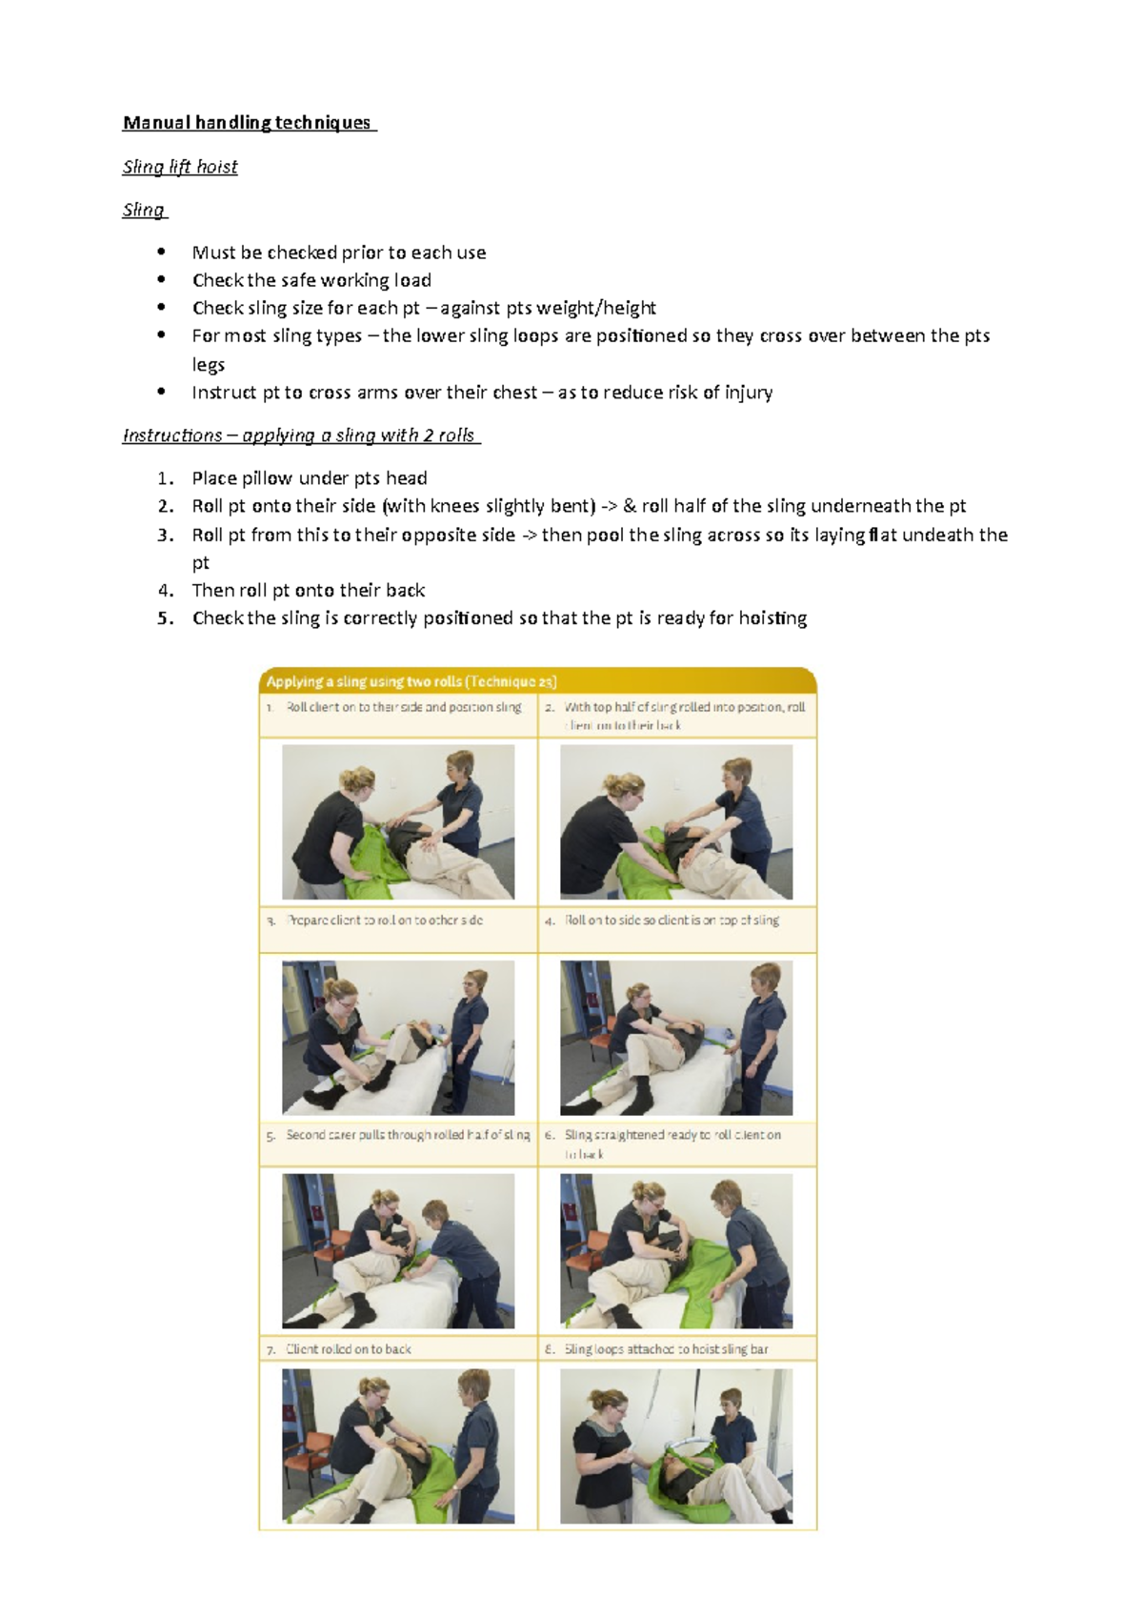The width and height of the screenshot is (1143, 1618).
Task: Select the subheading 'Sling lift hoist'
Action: point(180,167)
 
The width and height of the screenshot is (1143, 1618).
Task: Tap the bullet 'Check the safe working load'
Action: point(311,280)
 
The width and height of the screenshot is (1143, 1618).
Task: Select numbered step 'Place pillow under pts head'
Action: point(310,478)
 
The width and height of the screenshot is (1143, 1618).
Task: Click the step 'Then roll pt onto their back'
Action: point(309,591)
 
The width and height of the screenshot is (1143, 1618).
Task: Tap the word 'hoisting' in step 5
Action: point(772,618)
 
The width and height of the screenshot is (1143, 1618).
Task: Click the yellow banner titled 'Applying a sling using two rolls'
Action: point(537,681)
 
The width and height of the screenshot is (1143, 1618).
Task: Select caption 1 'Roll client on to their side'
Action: point(404,708)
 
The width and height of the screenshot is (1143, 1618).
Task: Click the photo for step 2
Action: point(676,821)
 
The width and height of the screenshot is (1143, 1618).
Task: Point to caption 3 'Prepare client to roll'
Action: point(385,920)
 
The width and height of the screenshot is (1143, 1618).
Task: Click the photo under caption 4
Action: point(676,1038)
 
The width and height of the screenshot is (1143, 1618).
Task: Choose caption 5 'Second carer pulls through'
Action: point(408,1135)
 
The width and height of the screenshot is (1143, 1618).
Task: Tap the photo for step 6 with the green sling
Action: point(676,1251)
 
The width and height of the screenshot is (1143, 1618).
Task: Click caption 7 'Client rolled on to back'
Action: point(349,1349)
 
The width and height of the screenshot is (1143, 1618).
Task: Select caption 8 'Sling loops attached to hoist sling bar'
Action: point(667,1349)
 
